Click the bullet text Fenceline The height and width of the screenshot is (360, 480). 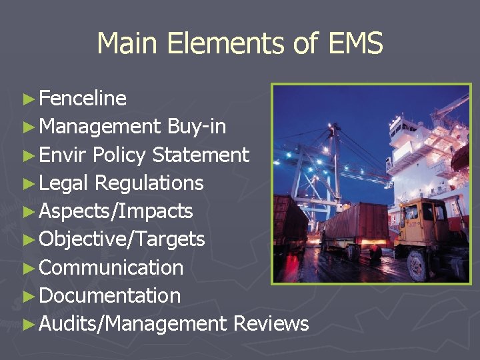tap(83, 99)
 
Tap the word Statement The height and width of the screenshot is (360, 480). tap(201, 155)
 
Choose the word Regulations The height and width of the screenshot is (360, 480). tap(149, 183)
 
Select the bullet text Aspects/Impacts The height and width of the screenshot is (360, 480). tap(116, 211)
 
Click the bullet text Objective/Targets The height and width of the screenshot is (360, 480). tap(122, 239)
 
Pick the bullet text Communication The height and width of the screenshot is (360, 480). tap(111, 267)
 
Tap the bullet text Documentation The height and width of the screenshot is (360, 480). tap(110, 295)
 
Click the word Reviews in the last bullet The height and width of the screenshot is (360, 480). tap(271, 324)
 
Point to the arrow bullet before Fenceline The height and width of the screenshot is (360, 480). tap(28, 99)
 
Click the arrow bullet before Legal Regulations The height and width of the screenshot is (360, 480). tap(28, 184)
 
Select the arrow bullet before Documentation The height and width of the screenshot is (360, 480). tap(28, 296)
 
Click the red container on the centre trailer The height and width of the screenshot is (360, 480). tap(357, 221)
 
